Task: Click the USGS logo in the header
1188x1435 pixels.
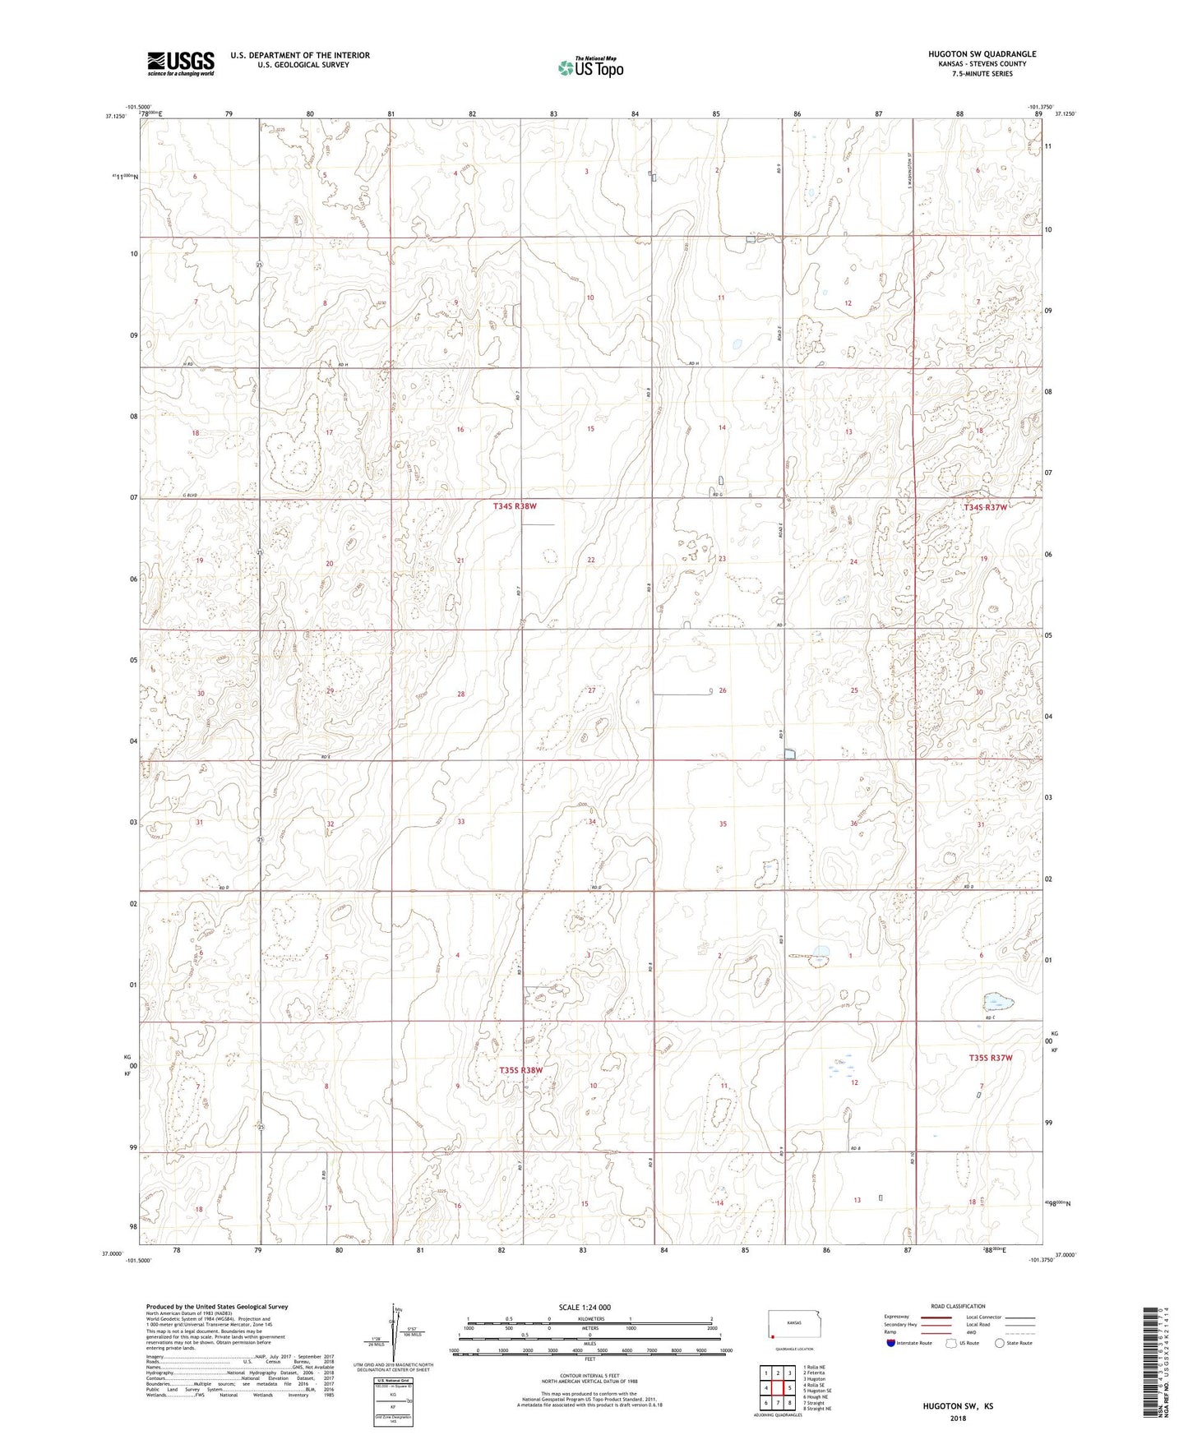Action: [181, 62]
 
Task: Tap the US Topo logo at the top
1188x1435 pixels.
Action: [589, 67]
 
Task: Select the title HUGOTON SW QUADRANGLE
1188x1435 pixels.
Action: [970, 53]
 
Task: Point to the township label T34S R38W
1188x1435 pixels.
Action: [515, 506]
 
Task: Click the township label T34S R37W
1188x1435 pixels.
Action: [985, 507]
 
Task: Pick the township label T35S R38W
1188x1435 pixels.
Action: [521, 1070]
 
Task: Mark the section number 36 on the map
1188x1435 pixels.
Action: [854, 824]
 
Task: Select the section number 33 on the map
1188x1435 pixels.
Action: [461, 821]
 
